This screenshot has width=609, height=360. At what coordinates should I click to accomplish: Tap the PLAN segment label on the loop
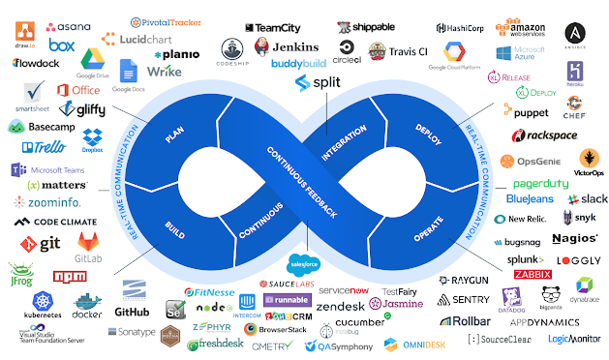coord(175,135)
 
